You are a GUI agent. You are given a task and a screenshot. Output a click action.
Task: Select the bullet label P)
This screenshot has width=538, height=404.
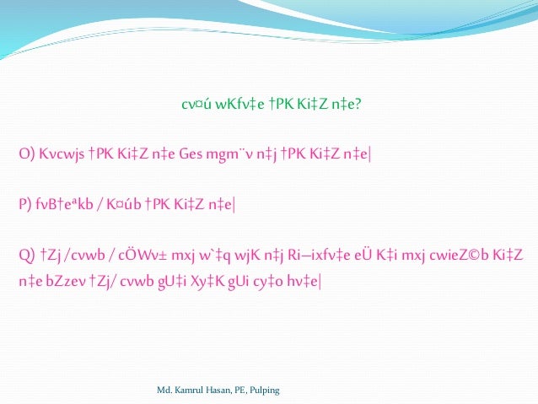click(x=25, y=203)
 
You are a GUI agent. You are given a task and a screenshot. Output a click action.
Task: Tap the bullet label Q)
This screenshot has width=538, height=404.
click(x=26, y=253)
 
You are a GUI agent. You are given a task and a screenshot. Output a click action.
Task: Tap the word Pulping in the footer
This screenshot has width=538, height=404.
click(x=265, y=391)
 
